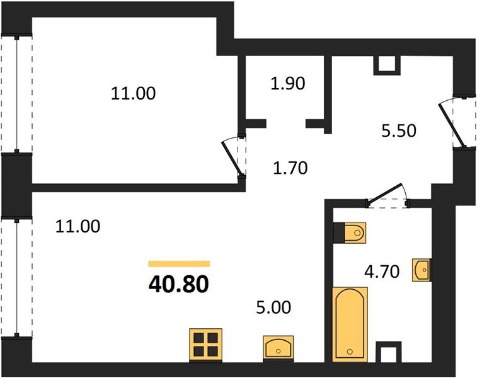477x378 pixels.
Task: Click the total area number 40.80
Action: point(179,284)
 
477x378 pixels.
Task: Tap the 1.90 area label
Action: point(288,84)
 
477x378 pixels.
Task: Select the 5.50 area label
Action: point(398,131)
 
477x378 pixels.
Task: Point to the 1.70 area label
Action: point(290,168)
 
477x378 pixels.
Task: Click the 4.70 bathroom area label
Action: point(382,272)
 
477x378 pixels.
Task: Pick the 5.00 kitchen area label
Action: point(274,307)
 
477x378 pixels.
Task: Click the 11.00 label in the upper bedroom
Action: point(133,93)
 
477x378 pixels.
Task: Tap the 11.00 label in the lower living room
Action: point(78,227)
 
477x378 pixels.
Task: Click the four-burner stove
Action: point(205,345)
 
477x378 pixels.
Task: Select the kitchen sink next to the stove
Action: point(278,348)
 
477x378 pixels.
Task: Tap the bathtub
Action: point(350,324)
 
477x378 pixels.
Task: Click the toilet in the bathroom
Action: point(350,233)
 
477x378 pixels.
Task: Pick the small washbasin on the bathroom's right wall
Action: point(422,270)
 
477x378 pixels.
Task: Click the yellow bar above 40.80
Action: point(179,264)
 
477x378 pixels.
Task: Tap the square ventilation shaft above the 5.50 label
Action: point(387,65)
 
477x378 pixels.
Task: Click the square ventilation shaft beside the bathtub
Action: point(389,352)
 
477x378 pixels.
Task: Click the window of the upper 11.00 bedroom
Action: point(17,94)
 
